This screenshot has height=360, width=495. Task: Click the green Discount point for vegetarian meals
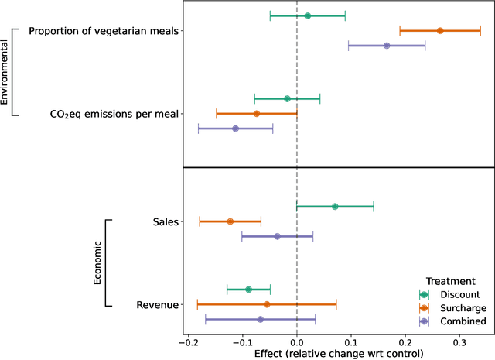tap(307, 15)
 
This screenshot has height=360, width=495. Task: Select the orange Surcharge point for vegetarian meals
tap(440, 31)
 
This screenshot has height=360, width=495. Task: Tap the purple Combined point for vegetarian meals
tap(387, 46)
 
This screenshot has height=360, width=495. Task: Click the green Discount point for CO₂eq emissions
tap(287, 98)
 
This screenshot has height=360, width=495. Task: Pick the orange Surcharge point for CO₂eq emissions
tap(257, 114)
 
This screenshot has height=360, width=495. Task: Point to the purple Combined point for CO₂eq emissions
tap(235, 129)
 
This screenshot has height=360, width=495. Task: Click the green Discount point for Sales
tap(335, 207)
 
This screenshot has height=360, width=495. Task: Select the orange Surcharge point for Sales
tap(230, 221)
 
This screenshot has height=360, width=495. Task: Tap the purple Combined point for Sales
tap(277, 236)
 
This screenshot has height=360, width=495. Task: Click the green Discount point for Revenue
tap(248, 290)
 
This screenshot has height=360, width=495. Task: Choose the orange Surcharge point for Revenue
tap(267, 304)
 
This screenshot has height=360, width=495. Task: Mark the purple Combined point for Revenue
tap(260, 319)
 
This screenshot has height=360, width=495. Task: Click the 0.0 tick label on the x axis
tap(297, 341)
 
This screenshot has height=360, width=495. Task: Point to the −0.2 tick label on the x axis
tap(187, 341)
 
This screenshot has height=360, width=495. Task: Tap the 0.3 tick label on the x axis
tap(460, 341)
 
